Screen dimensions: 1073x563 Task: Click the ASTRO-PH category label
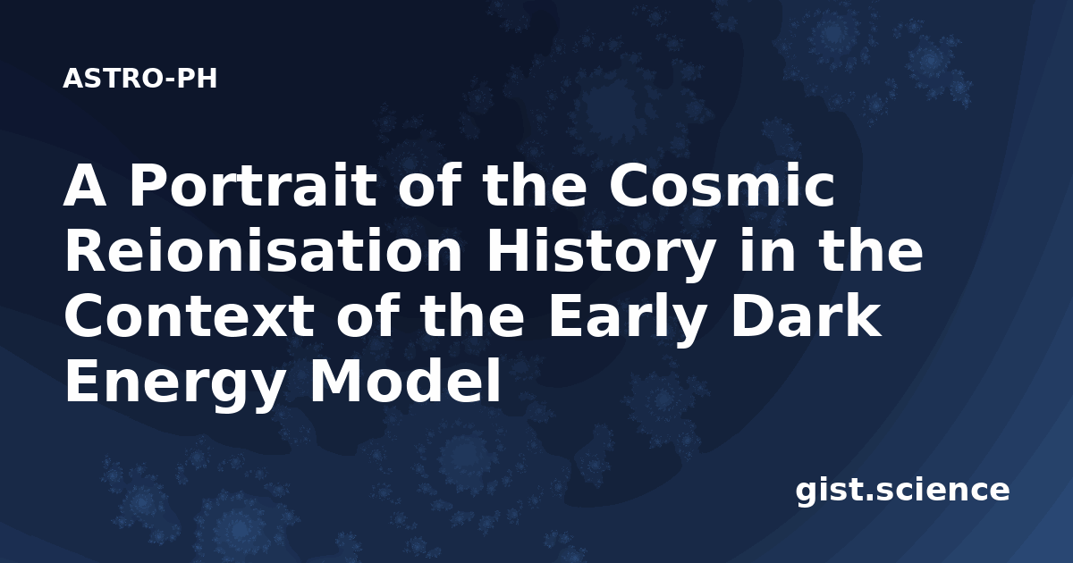tap(139, 79)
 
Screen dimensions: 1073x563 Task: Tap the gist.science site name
tap(902, 492)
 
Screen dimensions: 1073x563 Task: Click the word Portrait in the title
tap(253, 185)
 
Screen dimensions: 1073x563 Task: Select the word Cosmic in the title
tap(722, 185)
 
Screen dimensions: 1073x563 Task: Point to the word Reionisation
tap(264, 251)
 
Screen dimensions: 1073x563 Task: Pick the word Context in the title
tap(190, 317)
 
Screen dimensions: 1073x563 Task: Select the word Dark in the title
tap(807, 316)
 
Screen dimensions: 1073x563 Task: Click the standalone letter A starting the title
tap(84, 185)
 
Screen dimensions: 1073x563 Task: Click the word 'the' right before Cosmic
tap(534, 185)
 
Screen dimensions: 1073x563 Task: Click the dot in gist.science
tap(868, 498)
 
